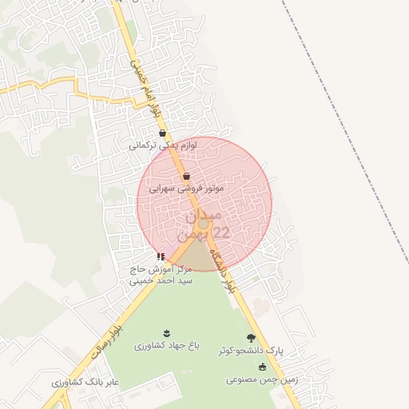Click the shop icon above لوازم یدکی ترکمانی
coord(163,133)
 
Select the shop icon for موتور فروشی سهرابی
coord(187,176)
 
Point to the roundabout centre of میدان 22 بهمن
coord(204,225)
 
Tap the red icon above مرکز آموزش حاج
coord(161,256)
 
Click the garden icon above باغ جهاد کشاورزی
coord(166,332)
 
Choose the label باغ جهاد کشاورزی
coord(165,346)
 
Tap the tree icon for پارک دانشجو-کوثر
coord(252,338)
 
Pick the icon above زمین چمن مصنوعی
coord(263,367)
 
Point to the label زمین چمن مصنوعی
coord(262,380)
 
